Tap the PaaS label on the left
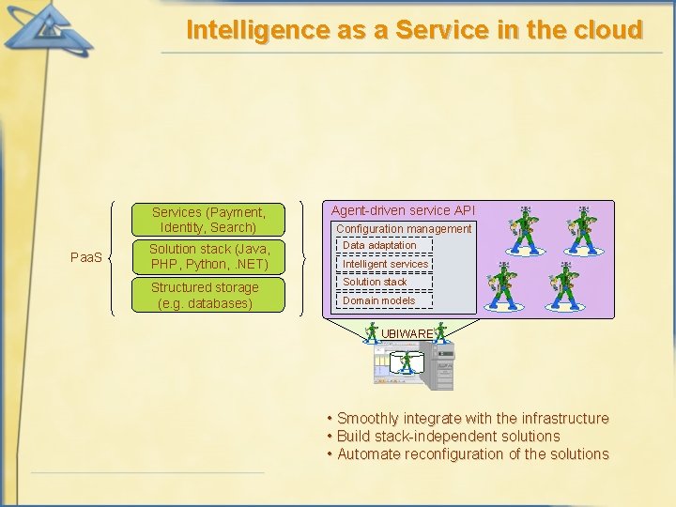[87, 256]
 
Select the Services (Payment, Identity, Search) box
[207, 220]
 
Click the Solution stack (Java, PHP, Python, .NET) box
[208, 256]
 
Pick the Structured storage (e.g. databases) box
[205, 296]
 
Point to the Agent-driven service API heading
[403, 211]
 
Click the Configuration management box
[404, 229]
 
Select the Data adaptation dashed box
[379, 246]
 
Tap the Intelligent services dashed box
[385, 264]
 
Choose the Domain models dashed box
[378, 300]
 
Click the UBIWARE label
[407, 333]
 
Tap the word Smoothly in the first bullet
[367, 419]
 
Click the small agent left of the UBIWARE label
[372, 333]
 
